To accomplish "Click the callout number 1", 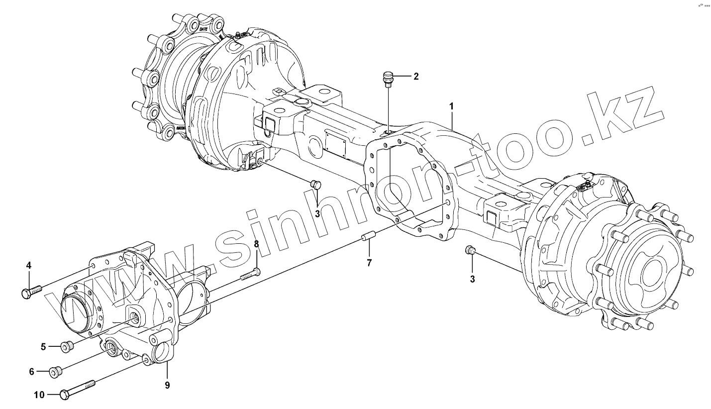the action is click(x=451, y=106).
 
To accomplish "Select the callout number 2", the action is click(x=416, y=76).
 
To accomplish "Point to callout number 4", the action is click(x=29, y=266).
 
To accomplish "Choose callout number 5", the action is click(x=43, y=346).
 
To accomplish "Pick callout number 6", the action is click(x=31, y=371).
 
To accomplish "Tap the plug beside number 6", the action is click(x=55, y=371).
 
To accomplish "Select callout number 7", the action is click(x=369, y=263).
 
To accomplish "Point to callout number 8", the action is click(x=257, y=244).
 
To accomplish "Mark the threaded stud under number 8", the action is click(x=250, y=274).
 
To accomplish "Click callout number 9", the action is click(x=167, y=385).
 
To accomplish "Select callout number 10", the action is click(x=39, y=395).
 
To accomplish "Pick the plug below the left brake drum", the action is click(x=315, y=185).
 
